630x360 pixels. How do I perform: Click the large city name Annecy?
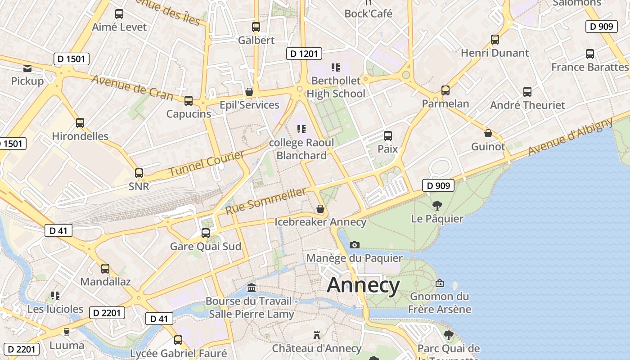(363, 285)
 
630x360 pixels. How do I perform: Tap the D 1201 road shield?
(304, 54)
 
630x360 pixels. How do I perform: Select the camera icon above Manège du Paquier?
(355, 245)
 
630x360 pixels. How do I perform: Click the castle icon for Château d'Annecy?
(317, 335)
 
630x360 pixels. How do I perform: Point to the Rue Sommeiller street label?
(265, 201)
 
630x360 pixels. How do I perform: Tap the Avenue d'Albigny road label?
(571, 136)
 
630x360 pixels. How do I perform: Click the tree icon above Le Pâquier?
(437, 206)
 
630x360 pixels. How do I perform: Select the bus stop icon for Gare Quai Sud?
(206, 233)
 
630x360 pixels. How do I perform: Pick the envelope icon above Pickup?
(27, 68)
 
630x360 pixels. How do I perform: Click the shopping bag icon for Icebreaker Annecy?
(320, 209)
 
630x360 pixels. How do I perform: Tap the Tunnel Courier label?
(207, 164)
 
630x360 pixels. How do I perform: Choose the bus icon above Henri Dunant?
(495, 40)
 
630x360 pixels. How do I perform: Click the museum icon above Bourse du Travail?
(252, 288)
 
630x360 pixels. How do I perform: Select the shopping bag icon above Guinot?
(488, 133)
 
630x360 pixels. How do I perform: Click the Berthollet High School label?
(336, 87)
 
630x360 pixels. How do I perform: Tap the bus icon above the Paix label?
(387, 135)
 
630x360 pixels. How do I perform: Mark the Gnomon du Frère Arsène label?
(440, 302)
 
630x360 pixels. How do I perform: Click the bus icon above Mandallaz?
(105, 269)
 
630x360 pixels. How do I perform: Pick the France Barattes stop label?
(589, 67)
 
